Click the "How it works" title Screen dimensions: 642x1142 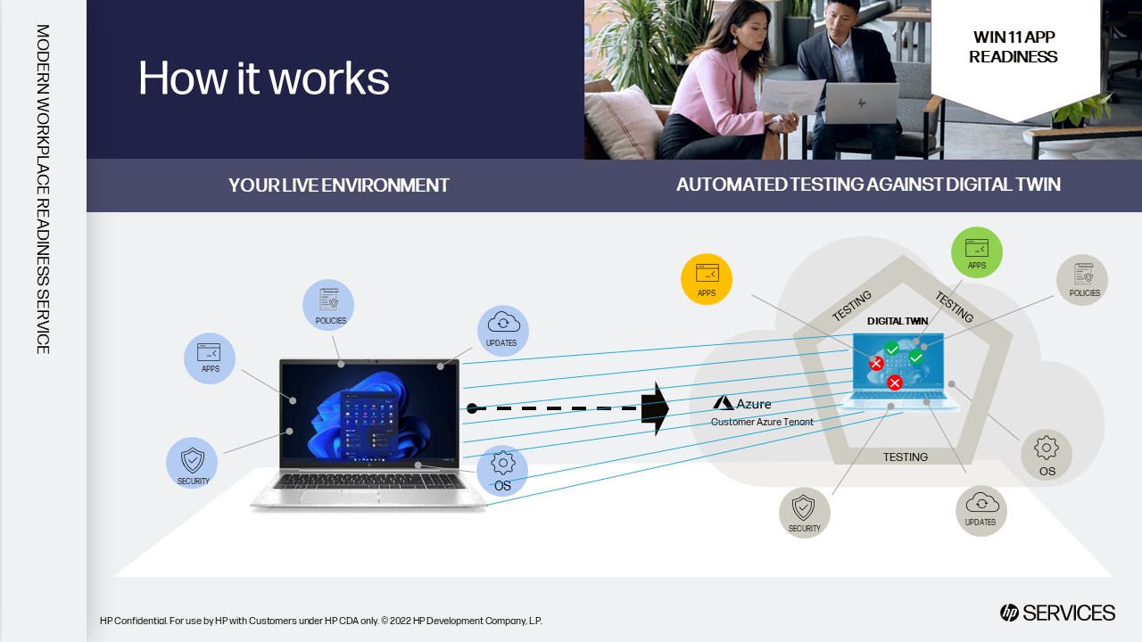264,78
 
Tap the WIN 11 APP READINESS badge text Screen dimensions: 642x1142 1013,47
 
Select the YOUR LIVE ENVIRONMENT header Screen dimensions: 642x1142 338,185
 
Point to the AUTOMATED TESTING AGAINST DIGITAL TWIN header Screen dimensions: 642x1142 868,185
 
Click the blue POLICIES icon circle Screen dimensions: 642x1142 328,305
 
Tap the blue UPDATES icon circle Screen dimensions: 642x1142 502,331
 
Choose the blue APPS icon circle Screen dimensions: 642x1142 210,358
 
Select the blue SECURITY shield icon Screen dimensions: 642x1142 192,463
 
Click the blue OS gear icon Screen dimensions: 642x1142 502,470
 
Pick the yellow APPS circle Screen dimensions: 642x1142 707,279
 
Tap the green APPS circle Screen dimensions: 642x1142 977,252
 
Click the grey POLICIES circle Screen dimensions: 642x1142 1082,280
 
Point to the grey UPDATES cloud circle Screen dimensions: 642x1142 981,510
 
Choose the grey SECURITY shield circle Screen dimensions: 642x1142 804,513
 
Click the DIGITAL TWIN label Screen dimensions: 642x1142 898,321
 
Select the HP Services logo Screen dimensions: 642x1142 1057,613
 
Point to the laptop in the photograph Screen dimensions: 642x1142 860,103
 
